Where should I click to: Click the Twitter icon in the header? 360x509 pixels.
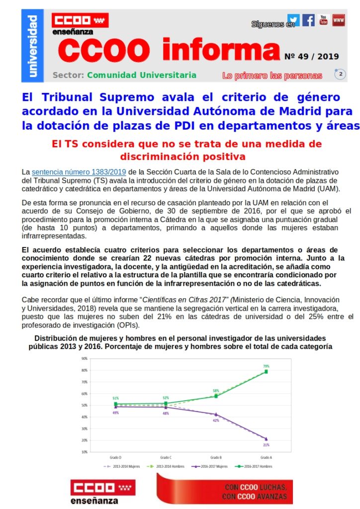(293, 20)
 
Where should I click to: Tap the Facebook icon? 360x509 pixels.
(308, 20)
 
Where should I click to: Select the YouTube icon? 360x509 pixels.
(324, 20)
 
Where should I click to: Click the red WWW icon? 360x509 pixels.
(339, 20)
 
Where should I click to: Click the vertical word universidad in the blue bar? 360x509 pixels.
(32, 46)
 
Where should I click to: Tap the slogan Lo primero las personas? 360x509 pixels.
(272, 76)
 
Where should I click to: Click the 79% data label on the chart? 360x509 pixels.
(266, 366)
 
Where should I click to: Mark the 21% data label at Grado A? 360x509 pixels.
(266, 444)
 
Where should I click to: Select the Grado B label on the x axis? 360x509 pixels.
(216, 457)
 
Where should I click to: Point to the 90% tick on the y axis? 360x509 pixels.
(85, 358)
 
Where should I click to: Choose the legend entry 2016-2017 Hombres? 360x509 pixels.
(257, 467)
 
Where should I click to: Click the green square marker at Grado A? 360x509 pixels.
(266, 371)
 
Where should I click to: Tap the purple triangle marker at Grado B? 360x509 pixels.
(216, 414)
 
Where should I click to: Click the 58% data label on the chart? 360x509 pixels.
(216, 391)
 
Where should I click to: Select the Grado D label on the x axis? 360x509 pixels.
(116, 457)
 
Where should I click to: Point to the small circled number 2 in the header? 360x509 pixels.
(341, 74)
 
